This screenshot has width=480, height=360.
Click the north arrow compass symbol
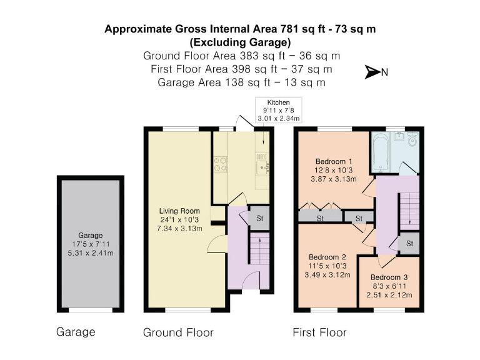point(373,72)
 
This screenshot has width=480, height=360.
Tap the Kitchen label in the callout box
point(278,102)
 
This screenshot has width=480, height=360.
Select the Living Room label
point(179,211)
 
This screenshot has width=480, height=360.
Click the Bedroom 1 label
point(334,161)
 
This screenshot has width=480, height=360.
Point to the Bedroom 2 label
point(327,257)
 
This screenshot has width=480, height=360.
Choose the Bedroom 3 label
point(389,277)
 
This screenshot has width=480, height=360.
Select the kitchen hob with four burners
point(221,164)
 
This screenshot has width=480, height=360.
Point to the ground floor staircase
point(260,248)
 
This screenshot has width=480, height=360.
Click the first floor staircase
point(409,211)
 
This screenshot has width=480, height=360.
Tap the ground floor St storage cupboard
point(259,218)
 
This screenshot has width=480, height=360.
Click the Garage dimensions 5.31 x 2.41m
point(90,253)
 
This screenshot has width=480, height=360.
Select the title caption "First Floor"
point(319,332)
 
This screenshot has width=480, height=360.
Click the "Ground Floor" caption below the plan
point(178,332)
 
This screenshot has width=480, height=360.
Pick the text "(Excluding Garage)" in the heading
point(240,42)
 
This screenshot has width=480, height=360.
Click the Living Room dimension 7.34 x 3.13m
point(179,228)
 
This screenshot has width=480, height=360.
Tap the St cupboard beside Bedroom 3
point(409,243)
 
